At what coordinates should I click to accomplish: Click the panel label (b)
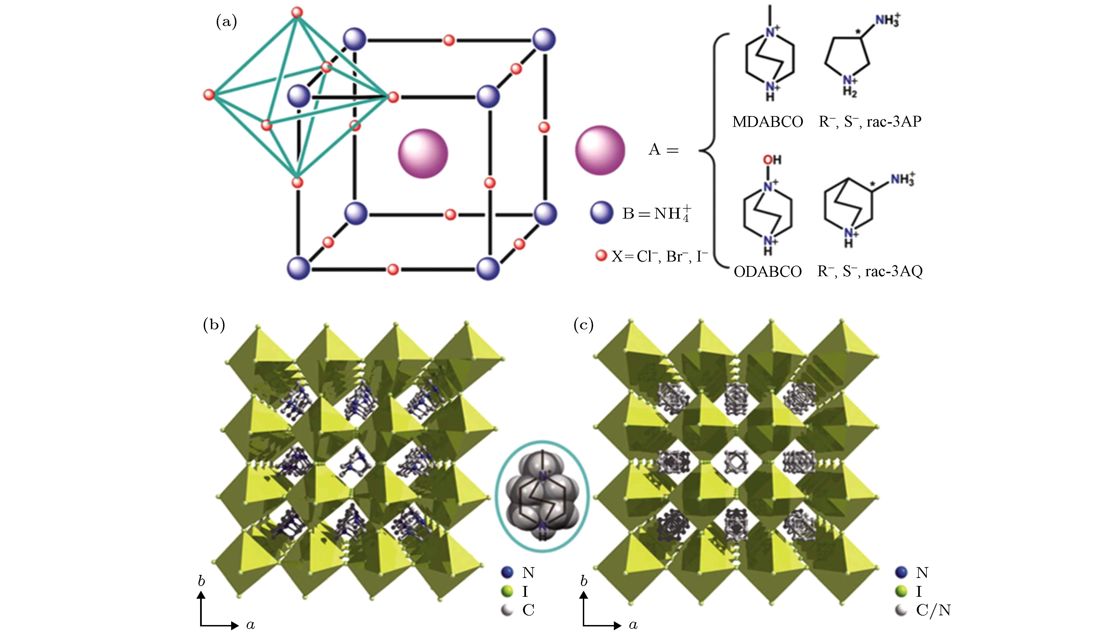click(214, 325)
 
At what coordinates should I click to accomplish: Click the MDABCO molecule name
click(768, 122)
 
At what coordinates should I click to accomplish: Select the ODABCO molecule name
click(768, 271)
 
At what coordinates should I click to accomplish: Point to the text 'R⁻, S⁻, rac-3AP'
click(870, 121)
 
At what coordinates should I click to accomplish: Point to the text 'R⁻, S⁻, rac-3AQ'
click(870, 271)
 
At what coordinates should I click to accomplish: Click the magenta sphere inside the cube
click(423, 153)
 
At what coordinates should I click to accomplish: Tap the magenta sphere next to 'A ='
click(600, 150)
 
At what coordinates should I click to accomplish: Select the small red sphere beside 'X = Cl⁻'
click(601, 255)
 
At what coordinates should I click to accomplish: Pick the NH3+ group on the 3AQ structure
click(903, 179)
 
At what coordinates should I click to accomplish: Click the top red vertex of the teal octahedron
click(297, 12)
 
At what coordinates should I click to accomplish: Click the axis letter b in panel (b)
click(201, 581)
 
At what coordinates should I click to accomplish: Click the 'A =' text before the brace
click(664, 150)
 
